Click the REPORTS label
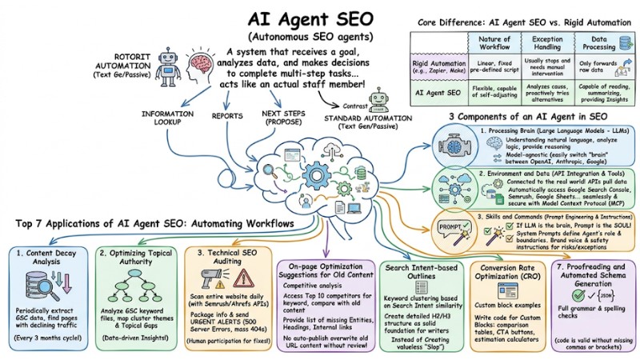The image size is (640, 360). [227, 115]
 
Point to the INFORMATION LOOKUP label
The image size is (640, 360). [167, 118]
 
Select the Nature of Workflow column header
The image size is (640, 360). [494, 43]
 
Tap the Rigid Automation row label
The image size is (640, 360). [439, 68]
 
